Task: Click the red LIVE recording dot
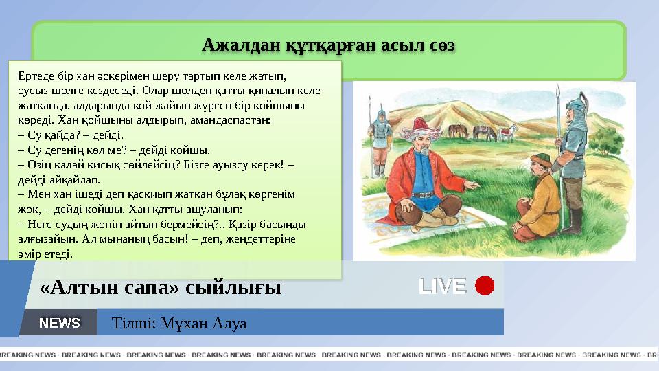click(x=485, y=286)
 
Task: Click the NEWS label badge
click(x=60, y=323)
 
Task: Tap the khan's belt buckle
click(x=425, y=195)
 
